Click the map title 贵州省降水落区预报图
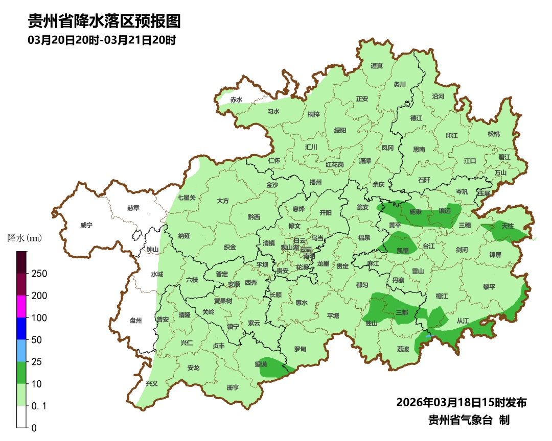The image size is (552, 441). [x=104, y=21]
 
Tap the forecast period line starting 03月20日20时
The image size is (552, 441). [x=102, y=40]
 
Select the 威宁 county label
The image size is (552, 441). [x=86, y=225]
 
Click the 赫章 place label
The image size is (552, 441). [x=133, y=208]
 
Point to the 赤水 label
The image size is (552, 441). [x=236, y=100]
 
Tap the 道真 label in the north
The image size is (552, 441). [x=377, y=66]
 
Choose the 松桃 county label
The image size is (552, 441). [x=493, y=134]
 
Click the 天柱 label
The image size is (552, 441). [x=507, y=225]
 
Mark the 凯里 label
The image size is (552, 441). [x=402, y=251]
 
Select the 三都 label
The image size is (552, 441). [x=402, y=312]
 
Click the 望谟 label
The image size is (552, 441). [x=261, y=364]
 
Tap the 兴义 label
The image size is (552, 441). [x=152, y=383]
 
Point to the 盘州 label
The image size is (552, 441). [x=135, y=321]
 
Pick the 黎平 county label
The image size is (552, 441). [x=489, y=287]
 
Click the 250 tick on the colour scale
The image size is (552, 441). [x=39, y=274]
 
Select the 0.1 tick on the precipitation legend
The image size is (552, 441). [x=40, y=406]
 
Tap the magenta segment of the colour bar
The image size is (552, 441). [x=21, y=306]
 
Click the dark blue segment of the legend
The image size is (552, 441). [x=21, y=328]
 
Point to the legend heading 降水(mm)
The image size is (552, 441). [x=25, y=238]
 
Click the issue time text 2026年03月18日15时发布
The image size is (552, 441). [x=461, y=402]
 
